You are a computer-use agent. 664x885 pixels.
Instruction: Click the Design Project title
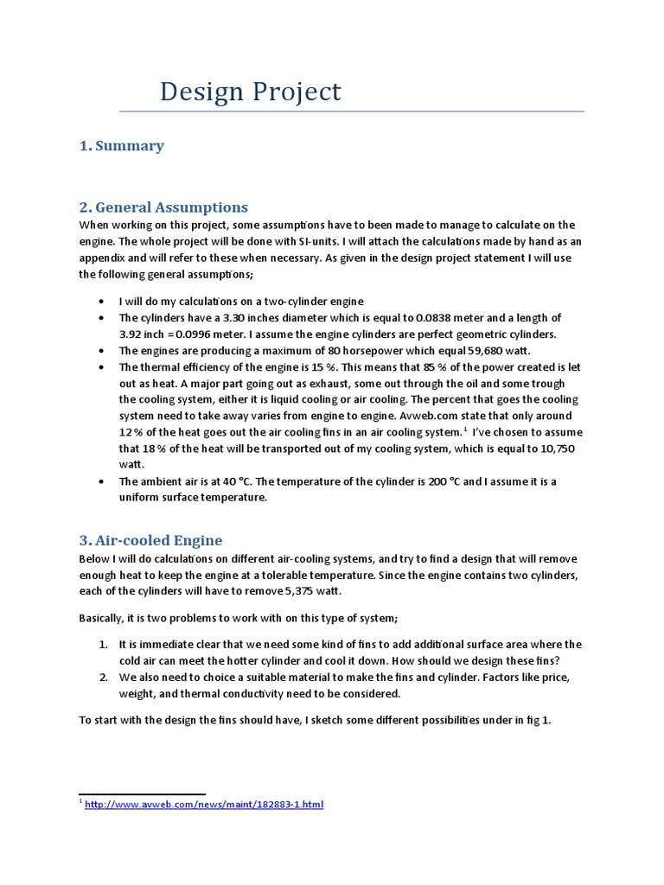[250, 92]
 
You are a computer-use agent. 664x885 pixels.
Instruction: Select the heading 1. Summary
[121, 146]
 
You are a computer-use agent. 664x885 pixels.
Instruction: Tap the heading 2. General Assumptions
[163, 207]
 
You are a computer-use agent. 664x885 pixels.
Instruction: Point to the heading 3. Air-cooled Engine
[150, 540]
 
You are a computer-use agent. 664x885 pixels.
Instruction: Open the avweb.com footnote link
[203, 805]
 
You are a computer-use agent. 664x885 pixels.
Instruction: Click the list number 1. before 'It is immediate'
[102, 645]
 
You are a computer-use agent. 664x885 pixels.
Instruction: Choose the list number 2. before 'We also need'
[102, 678]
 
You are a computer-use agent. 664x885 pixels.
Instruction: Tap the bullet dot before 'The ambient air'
[102, 481]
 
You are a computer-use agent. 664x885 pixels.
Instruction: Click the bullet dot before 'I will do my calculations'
[102, 302]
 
